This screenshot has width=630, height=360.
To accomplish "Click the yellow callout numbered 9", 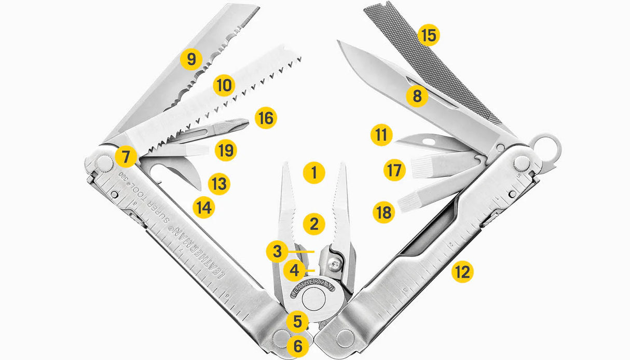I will point(191,59).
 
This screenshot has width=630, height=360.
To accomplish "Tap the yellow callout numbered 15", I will point(429,36).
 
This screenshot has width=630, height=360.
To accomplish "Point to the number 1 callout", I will point(314,173).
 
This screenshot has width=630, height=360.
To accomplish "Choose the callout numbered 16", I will point(266,118).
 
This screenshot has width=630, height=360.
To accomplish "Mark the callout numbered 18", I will point(385,212).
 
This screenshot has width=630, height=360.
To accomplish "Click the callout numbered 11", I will point(381,136).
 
